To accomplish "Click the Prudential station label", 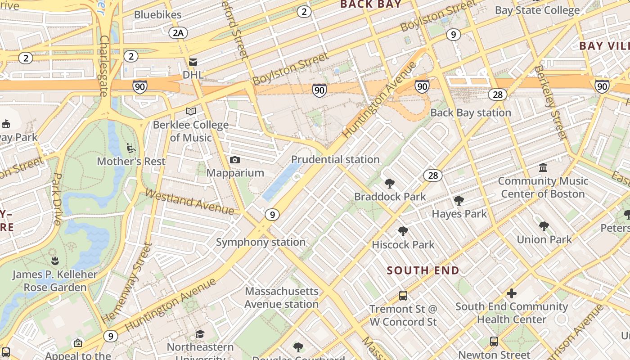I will coord(335,159).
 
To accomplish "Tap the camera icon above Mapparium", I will coord(234,160).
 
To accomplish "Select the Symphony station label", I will coord(261,242).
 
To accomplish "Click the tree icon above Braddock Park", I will coord(390,183).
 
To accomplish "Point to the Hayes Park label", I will coord(459,214).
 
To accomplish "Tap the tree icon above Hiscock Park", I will coord(403,231).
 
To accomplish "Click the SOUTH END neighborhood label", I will coord(423,270).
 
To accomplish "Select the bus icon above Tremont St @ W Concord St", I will coord(403,296).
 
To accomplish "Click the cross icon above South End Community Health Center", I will coord(512,293).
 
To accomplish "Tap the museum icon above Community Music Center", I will coord(543,167).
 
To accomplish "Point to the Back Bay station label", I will coord(471,112).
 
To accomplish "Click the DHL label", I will coord(193,74).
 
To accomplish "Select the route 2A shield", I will coord(178,32).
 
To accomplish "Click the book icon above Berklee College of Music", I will coord(191,111).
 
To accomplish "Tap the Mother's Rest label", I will coord(131,161).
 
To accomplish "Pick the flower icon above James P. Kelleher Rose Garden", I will coord(55,261).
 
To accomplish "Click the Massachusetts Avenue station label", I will coord(282,297).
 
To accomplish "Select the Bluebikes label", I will coord(157,14).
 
